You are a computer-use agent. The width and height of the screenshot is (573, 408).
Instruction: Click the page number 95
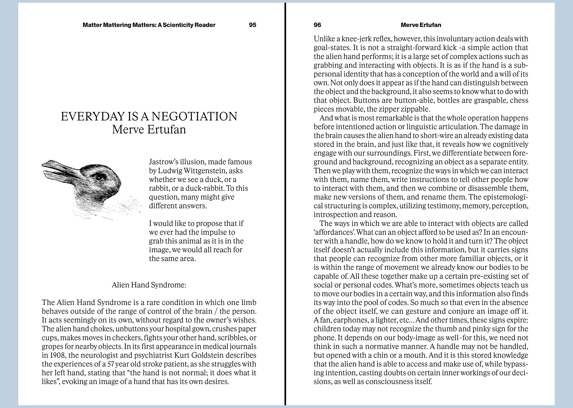click(x=252, y=25)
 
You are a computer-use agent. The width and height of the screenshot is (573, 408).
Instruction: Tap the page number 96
click(x=317, y=25)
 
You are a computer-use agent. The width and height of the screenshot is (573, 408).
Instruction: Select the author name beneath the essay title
click(x=149, y=130)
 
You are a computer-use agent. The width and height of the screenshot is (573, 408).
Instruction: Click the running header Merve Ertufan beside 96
click(x=421, y=25)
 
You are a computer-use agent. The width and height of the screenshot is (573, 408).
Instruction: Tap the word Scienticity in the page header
click(x=178, y=25)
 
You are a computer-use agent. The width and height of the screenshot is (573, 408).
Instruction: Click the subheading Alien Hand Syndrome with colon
click(x=149, y=285)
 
